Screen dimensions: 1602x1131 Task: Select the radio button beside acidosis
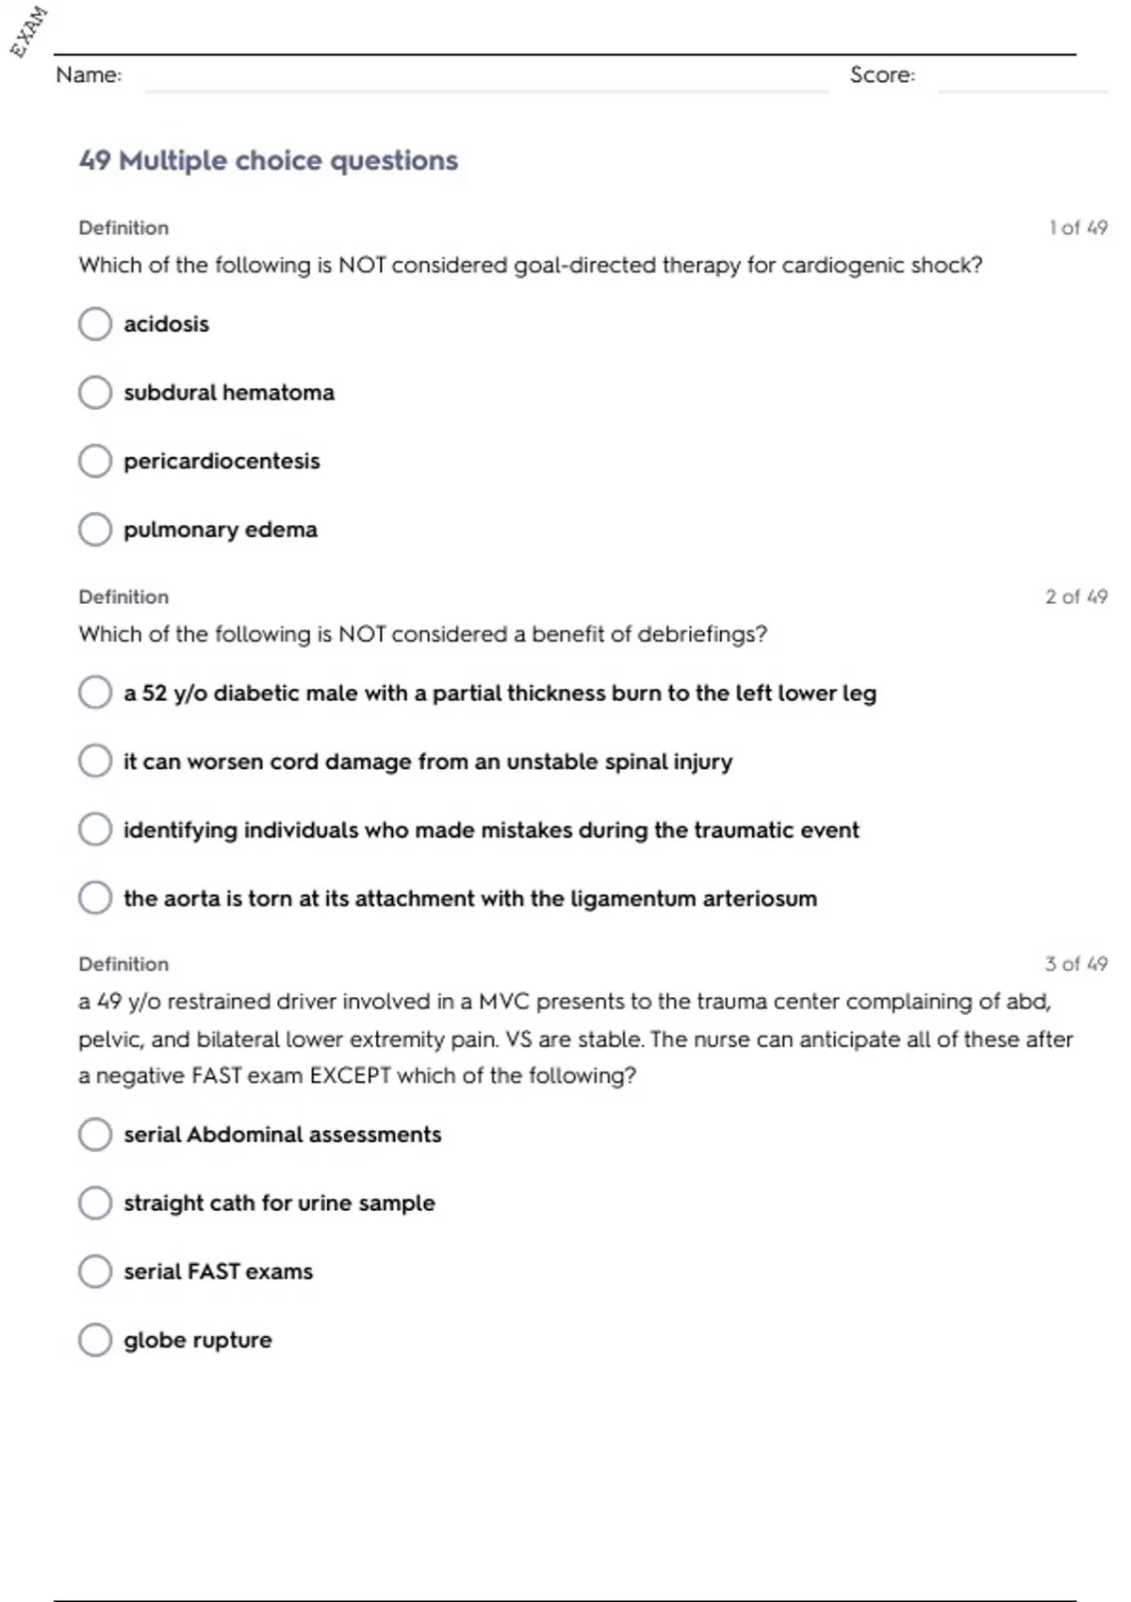95,324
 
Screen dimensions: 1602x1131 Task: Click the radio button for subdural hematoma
95,392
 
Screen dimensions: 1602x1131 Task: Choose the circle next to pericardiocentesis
95,461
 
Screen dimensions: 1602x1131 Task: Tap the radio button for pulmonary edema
95,530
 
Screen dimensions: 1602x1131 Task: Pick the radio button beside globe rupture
95,1339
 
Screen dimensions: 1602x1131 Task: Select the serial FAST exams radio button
95,1271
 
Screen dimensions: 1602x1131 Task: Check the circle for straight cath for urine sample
95,1202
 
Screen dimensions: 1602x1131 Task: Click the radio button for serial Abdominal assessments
95,1135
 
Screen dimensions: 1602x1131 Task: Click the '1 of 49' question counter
1078,228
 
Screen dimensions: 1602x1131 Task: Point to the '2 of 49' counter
1076,597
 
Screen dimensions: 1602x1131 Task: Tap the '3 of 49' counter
1076,964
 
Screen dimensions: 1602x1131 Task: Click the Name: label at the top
89,75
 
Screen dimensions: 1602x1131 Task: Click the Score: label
882,75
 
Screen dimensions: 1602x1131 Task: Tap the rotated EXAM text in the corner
28,31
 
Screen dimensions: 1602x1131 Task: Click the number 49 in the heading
95,161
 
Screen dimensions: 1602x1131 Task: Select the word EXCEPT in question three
350,1076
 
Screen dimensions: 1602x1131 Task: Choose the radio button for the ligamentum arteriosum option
95,898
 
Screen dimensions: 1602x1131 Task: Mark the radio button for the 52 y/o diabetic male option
95,693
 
